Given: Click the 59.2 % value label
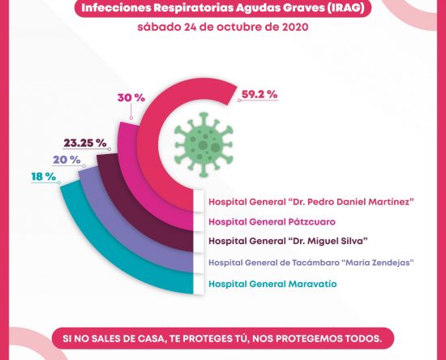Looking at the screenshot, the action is click(x=259, y=94).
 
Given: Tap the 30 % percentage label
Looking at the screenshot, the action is click(x=131, y=98).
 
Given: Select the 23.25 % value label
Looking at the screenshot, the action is click(x=85, y=143).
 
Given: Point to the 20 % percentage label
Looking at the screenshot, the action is click(x=66, y=160).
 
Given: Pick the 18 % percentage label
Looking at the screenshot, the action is click(x=44, y=177).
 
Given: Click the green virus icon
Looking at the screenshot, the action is click(x=204, y=144).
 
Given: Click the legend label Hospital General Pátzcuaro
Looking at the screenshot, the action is click(x=272, y=222).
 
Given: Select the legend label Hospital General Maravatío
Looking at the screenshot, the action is click(x=272, y=284).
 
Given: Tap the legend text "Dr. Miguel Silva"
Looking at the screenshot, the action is click(x=328, y=241).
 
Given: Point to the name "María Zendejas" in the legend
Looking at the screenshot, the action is click(x=378, y=262).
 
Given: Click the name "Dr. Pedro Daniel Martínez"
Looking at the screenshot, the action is click(x=350, y=202).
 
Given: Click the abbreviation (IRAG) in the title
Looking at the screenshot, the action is click(x=345, y=7).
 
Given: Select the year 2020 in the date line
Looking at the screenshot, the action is click(x=295, y=27).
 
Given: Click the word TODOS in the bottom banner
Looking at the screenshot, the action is click(x=362, y=339).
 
